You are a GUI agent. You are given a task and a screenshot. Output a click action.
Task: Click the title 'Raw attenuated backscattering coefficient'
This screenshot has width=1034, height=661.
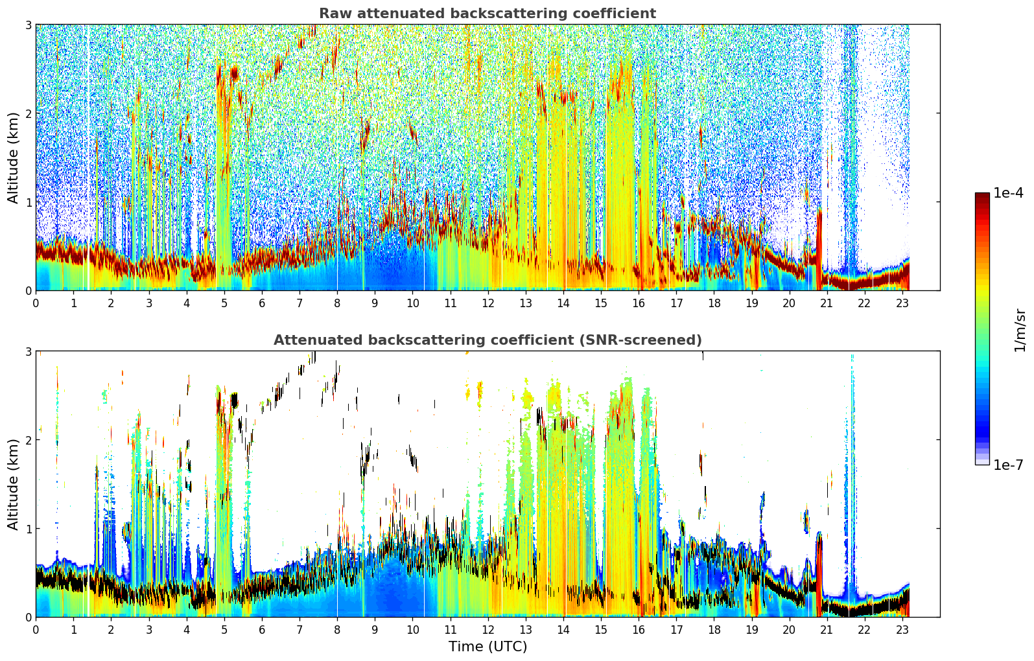[x=488, y=14]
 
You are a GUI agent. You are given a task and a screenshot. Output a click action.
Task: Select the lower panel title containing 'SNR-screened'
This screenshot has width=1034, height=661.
[x=488, y=340]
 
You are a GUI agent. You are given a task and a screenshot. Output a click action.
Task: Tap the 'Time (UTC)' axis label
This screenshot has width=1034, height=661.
[x=488, y=647]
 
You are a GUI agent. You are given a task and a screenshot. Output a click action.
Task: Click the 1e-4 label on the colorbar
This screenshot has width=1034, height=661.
[x=1008, y=193]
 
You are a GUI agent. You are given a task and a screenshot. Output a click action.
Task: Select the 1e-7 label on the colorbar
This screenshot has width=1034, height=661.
[x=1008, y=465]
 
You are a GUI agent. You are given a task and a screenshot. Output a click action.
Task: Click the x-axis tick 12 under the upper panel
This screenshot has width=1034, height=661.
[x=488, y=303]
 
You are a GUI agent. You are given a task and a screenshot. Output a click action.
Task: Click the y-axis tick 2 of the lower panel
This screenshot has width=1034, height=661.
[x=28, y=440]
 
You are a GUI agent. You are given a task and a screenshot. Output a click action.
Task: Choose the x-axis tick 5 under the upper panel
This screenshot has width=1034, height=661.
[x=224, y=303]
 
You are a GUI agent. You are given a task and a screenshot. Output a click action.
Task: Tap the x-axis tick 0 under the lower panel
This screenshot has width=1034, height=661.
[x=36, y=630]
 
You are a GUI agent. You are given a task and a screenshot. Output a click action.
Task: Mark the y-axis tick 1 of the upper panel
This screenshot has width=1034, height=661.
[x=28, y=202]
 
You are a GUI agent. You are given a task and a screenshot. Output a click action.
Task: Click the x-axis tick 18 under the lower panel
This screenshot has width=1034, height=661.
[x=714, y=630]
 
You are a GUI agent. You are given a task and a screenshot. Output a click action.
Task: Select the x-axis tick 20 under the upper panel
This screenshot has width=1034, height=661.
[x=790, y=303]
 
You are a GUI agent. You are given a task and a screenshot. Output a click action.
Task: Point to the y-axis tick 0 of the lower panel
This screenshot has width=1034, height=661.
[x=28, y=617]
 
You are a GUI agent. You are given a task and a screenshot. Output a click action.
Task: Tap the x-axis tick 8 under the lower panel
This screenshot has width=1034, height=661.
[x=338, y=630]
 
